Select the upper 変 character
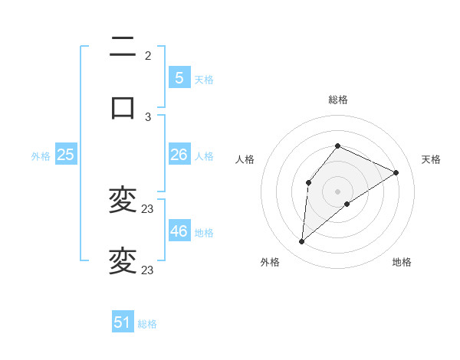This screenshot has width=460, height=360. pos(123,201)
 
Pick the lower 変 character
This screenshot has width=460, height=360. pos(123,260)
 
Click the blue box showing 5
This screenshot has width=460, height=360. pos(179,78)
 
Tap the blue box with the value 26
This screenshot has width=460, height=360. pos(179,155)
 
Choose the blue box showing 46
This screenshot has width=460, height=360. pos(179,231)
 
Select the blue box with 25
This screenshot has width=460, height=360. pos(65,155)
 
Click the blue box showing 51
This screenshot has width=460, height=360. pos(123,322)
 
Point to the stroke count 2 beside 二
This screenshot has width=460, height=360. pos(148,56)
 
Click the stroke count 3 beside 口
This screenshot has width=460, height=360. pos(148,116)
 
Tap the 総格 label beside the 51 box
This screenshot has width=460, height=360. pos(147,324)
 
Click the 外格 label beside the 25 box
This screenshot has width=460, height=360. pos(41,156)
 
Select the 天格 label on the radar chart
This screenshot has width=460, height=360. pos(431,159)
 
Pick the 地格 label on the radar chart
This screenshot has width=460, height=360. pos(402,262)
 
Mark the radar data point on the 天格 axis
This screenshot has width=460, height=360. pos(396,172)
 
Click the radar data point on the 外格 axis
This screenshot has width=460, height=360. pos(301,242)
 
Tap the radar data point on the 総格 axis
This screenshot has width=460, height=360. pos(337,146)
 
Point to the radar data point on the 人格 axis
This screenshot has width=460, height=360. pos(308,182)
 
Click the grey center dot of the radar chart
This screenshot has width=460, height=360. pos(337,191)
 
